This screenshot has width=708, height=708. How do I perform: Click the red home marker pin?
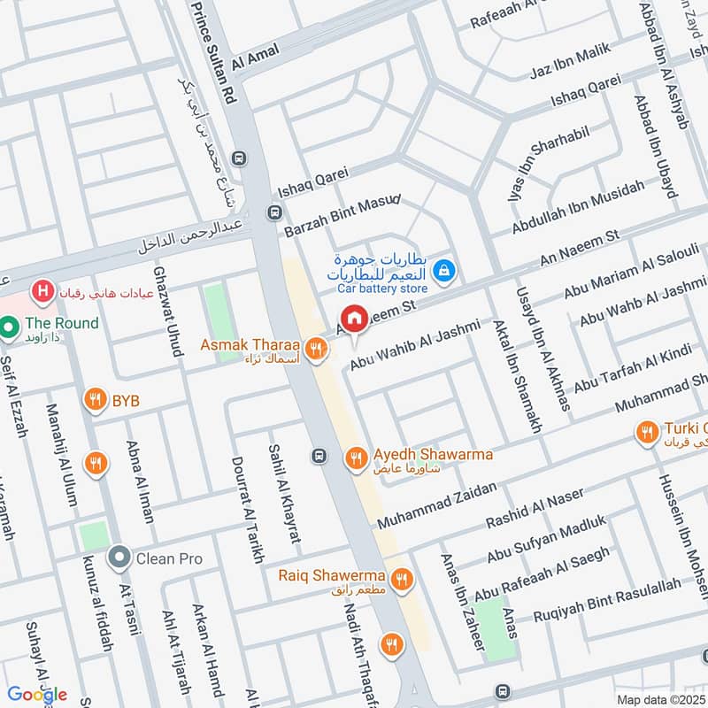[x=354, y=317]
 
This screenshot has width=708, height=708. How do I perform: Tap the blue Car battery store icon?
[x=447, y=270]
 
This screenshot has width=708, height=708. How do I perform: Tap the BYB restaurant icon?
[x=95, y=401]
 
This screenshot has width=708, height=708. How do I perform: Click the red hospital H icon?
[x=40, y=289]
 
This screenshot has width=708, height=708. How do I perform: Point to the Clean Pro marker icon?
[x=119, y=558]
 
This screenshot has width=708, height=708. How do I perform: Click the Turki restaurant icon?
[x=647, y=433]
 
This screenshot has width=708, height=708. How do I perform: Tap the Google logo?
[x=38, y=694]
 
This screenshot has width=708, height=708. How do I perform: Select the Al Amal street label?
[x=255, y=58]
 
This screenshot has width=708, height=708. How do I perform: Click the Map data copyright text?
[x=659, y=700]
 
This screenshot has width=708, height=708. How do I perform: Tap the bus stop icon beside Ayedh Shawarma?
[x=319, y=457]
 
